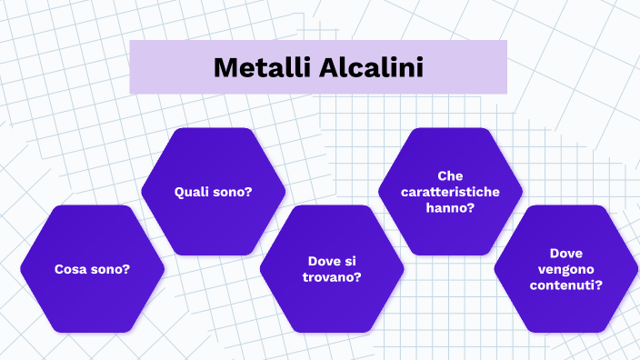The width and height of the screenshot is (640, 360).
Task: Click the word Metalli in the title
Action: [263, 67]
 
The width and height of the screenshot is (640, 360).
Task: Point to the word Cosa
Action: [72, 269]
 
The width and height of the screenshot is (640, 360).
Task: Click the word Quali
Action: [193, 192]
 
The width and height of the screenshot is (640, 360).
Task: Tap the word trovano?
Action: [332, 276]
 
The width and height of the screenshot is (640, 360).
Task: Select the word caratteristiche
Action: [450, 191]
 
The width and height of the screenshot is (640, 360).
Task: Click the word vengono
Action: [566, 268]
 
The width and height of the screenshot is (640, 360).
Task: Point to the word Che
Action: [450, 175]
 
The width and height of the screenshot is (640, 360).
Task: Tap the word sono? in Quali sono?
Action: [233, 192]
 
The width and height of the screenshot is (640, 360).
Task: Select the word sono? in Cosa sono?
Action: [111, 269]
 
